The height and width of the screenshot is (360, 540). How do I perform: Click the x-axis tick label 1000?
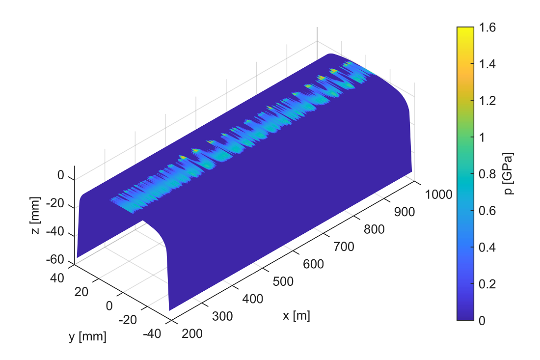438,194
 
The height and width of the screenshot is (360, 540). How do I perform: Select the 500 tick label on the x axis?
283,281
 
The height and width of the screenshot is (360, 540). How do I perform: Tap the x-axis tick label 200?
192,333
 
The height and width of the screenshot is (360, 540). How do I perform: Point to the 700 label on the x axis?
344,247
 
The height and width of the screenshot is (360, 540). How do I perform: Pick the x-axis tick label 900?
405,212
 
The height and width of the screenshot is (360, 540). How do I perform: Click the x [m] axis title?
296,316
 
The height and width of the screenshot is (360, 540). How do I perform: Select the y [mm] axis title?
87,336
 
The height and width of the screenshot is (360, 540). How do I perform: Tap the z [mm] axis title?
35,215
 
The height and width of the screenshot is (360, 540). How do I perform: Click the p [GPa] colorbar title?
508,174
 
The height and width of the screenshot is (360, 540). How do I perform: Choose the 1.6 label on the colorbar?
487,27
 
